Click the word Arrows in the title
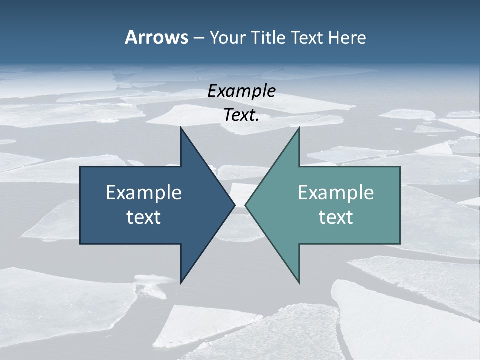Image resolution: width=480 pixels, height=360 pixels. coord(156,37)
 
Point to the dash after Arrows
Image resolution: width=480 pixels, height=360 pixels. coord(198,38)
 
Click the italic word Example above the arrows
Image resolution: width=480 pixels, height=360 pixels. coord(241,91)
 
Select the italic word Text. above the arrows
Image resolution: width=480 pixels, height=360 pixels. coord(241,115)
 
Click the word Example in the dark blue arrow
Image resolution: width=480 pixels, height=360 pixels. coord(144,193)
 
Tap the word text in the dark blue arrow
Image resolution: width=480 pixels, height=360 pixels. coord(144,217)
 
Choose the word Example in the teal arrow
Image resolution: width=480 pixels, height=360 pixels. coord(336,193)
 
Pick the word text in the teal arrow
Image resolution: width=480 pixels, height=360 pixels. coord(336,217)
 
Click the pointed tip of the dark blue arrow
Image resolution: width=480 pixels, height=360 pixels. coord(234,205)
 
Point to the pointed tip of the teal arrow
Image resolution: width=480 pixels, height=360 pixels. coord(246,205)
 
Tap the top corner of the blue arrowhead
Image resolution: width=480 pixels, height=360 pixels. coord(181,128)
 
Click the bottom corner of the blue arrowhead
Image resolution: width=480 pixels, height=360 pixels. coord(181,283)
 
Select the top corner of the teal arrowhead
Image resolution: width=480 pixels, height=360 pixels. coord(299,128)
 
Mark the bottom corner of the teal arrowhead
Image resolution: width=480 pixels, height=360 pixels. coord(299,283)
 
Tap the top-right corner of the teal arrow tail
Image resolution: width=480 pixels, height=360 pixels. coord(399,167)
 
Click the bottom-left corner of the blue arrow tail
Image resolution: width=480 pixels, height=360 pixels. coord(81,243)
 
